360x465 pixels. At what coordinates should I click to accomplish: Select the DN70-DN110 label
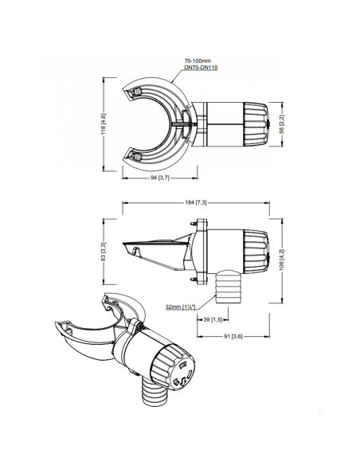click(201, 68)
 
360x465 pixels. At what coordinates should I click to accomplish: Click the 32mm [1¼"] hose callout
click(180, 306)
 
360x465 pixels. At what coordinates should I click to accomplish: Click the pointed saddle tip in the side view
click(126, 248)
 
